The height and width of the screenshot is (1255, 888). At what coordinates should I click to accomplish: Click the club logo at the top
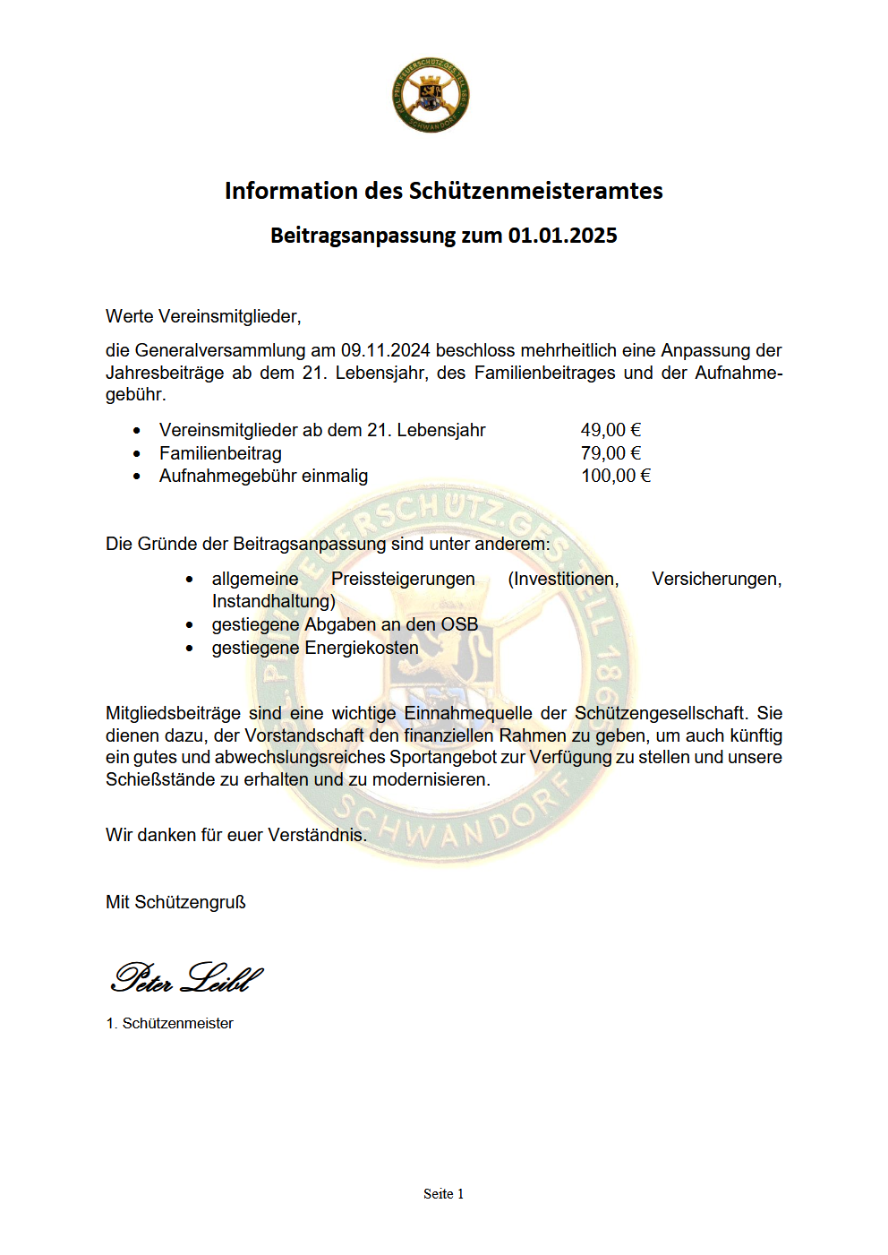click(431, 96)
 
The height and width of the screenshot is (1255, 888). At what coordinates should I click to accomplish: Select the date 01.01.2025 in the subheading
click(562, 236)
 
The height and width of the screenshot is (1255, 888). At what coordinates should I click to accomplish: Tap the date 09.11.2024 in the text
click(385, 350)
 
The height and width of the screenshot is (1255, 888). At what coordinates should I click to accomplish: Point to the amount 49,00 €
click(610, 430)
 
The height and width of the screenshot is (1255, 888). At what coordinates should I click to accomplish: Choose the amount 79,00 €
click(610, 453)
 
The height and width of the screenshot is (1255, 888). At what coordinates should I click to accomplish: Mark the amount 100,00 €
click(616, 476)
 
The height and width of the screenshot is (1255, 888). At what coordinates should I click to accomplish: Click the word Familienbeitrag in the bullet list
click(220, 453)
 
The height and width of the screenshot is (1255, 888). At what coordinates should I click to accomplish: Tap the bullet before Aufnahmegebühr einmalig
click(137, 477)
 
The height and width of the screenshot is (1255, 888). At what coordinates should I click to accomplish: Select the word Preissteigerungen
click(403, 579)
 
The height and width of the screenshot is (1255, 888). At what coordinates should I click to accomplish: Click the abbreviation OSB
click(459, 624)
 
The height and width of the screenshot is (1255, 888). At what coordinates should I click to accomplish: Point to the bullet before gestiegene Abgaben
click(190, 625)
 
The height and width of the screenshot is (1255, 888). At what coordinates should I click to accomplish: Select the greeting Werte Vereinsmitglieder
click(203, 316)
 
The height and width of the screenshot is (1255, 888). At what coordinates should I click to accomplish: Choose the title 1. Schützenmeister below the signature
click(169, 1023)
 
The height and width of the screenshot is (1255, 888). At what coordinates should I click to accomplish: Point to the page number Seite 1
click(443, 1193)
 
